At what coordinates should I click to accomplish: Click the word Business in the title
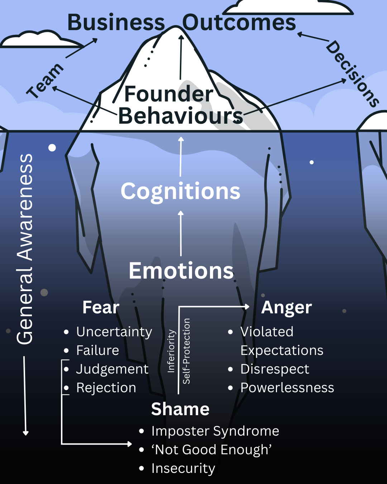[116, 23]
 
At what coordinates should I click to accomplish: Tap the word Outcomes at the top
[239, 23]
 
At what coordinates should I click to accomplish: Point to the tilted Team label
[45, 80]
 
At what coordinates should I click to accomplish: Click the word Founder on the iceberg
[168, 94]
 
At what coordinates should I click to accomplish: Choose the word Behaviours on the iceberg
[181, 116]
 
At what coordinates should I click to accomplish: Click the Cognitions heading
[180, 191]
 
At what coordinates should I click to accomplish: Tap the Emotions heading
[181, 271]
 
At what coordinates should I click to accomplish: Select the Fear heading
[101, 308]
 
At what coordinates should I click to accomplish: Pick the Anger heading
[286, 308]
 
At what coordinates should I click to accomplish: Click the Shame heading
[180, 409]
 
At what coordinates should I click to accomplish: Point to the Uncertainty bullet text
[114, 332]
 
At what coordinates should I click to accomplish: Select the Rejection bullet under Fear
[106, 388]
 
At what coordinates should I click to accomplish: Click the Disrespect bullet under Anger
[274, 369]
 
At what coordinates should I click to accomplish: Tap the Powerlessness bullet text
[287, 388]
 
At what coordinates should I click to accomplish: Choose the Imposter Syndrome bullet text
[215, 431]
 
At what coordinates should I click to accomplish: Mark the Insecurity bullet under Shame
[183, 468]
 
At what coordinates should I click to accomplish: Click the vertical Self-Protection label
[186, 351]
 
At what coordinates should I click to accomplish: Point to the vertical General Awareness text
[25, 249]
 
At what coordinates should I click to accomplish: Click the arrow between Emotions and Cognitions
[181, 233]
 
